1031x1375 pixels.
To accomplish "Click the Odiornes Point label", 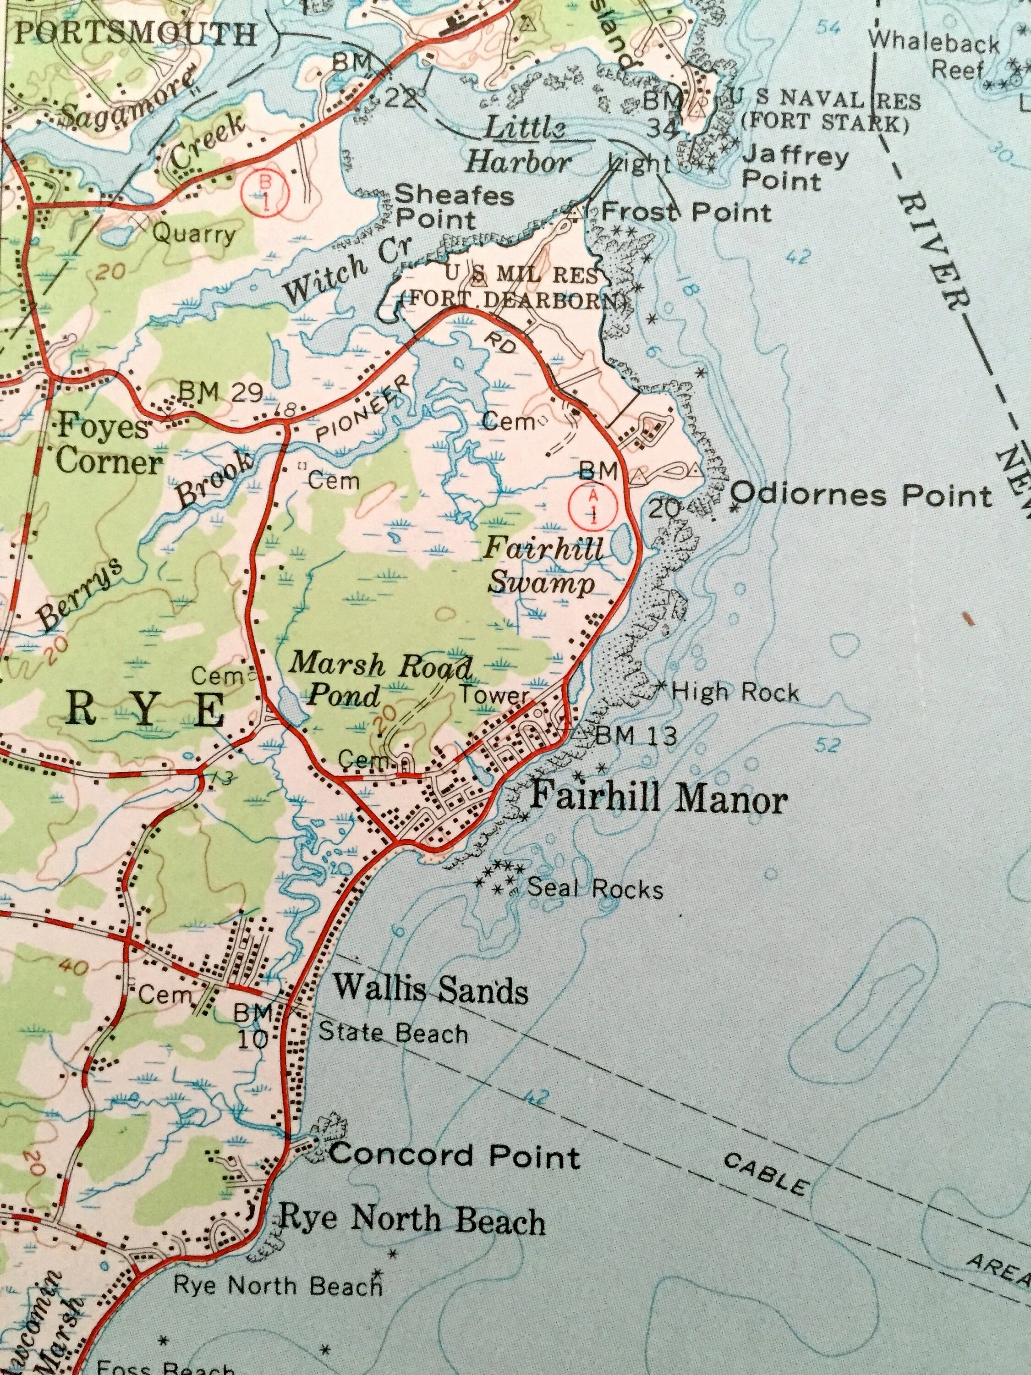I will point(861,495).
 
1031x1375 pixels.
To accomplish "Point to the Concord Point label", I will point(454,1155).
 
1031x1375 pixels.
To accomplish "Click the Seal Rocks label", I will point(595,888).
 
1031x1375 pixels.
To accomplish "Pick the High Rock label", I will point(735,691).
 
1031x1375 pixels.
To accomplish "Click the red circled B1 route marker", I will point(266,192).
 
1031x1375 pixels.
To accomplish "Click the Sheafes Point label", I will point(454,207).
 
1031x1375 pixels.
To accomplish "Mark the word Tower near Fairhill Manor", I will point(494,695).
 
